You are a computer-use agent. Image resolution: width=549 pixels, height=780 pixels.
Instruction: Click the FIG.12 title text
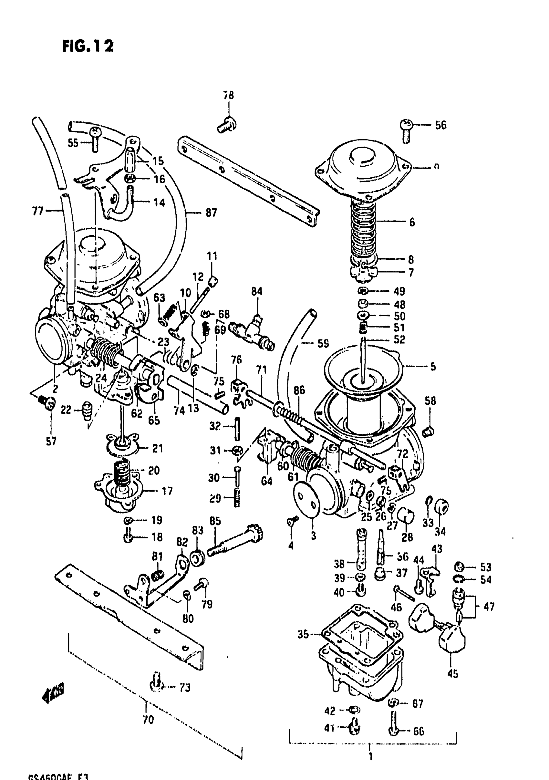tap(88, 46)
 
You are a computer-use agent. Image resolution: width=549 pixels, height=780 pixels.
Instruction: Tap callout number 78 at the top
tap(229, 95)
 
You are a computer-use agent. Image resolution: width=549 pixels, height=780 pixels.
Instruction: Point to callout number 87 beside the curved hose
tap(211, 213)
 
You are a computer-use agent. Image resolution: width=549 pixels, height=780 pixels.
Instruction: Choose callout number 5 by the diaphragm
tap(433, 367)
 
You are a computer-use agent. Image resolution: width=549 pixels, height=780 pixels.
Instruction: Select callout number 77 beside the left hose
tap(38, 211)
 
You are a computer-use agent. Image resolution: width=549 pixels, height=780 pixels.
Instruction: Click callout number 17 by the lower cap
tap(167, 491)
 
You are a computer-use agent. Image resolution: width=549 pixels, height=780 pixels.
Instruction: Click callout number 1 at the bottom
tap(370, 756)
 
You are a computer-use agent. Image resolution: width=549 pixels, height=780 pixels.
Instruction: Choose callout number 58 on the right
tap(430, 401)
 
